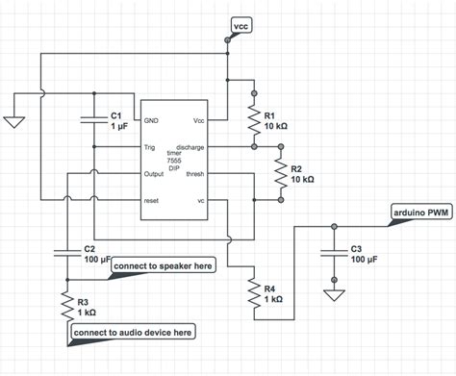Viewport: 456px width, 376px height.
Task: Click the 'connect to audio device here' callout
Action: pos(132,332)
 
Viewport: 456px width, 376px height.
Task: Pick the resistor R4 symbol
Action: pos(253,293)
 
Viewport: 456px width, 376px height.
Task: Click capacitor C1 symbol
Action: pos(92,118)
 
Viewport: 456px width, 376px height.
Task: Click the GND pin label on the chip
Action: pos(151,121)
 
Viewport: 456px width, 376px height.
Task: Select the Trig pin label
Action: pos(150,148)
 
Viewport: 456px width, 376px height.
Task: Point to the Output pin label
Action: pos(154,174)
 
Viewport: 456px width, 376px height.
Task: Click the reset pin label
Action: pos(151,201)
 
